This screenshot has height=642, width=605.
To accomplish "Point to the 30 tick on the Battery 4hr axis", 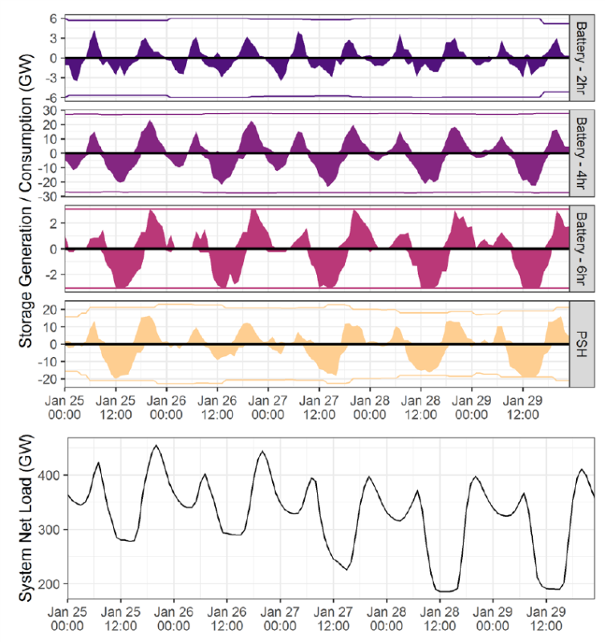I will coord(51,110).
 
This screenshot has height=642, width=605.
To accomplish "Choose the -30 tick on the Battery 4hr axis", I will coord(48,197).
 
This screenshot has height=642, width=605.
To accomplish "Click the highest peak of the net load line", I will coord(156,445).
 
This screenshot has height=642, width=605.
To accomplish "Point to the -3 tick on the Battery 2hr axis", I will coord(51,78).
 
